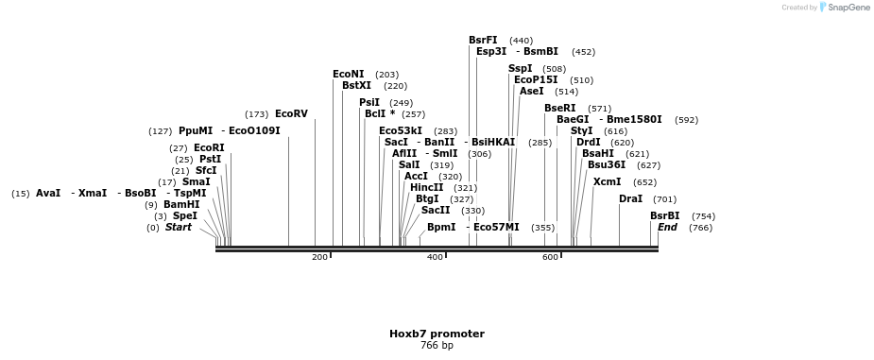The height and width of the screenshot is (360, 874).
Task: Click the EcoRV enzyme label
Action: pos(291,114)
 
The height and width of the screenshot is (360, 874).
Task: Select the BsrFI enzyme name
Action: pos(483,41)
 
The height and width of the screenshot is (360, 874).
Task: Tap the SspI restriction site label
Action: pos(520,69)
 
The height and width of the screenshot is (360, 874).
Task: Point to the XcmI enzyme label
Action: pos(607,182)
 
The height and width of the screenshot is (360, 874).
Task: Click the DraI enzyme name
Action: pos(630,199)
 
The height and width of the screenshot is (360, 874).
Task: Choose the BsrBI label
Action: pos(664,216)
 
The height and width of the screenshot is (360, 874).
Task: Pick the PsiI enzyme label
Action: pos(369,103)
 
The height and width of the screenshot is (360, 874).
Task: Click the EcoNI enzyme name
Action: pos(348,75)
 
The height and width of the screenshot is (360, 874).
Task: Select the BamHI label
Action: pos(181,205)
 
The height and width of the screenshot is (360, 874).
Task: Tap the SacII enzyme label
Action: pos(436,211)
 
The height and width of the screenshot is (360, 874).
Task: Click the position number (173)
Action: pos(256,115)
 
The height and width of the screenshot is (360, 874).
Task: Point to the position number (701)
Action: pos(664,200)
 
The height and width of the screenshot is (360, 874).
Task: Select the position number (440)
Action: pos(521,42)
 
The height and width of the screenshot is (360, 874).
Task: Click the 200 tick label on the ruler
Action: pos(319,257)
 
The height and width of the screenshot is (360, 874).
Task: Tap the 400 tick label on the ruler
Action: pos(435,257)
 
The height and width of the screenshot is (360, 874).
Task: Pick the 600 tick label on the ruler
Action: pos(550,257)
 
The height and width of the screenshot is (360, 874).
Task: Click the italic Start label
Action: pos(179,228)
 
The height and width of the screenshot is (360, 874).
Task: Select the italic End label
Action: pos(667,228)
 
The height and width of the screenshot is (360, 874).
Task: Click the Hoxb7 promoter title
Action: pos(437,334)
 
